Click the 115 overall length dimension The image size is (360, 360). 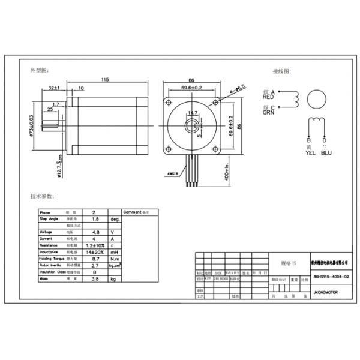tap(105, 79)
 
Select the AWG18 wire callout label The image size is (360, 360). tap(172, 174)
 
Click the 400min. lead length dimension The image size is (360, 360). tap(227, 174)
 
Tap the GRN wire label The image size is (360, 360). tap(268, 112)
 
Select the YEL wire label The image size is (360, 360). tap(310, 152)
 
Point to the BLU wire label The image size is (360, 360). tap(326, 152)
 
